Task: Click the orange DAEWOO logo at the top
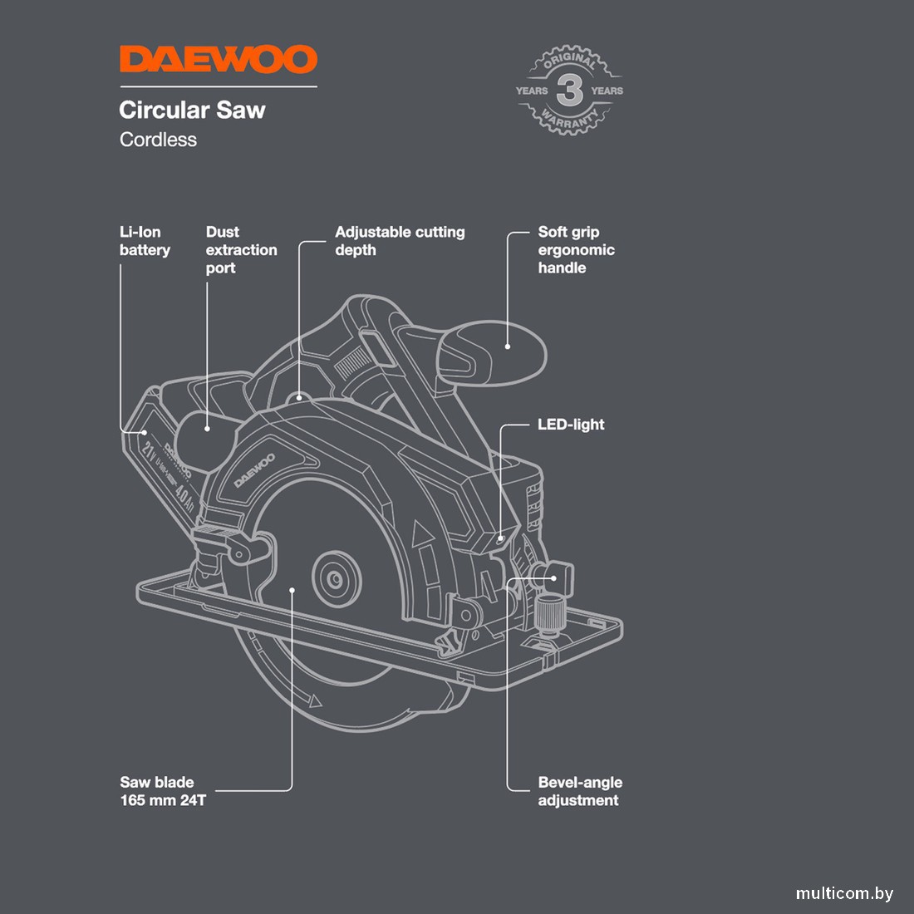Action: tap(218, 60)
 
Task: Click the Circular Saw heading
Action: tap(192, 110)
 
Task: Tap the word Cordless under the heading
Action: tap(158, 140)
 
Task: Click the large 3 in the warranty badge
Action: tap(569, 90)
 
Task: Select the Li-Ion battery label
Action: tap(144, 241)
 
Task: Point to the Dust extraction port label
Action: tap(241, 250)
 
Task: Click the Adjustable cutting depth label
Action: tap(399, 241)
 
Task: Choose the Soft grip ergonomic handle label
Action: tap(576, 250)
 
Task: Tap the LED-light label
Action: tap(571, 425)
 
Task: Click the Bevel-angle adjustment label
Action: tap(579, 791)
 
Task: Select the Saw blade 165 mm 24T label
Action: tap(163, 791)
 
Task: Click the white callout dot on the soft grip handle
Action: tap(508, 346)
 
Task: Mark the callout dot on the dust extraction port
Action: tap(207, 429)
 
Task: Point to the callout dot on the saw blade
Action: tap(292, 590)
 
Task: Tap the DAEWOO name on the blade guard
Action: tap(254, 470)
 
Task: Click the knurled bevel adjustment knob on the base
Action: tap(548, 616)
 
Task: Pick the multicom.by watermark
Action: tap(844, 894)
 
